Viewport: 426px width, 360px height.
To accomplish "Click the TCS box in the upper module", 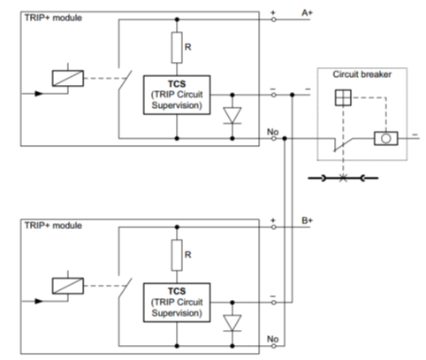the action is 177,95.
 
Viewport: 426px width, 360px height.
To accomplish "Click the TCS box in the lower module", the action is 177,303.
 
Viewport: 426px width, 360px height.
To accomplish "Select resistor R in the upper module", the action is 177,48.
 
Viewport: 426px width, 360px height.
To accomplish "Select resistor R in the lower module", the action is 177,255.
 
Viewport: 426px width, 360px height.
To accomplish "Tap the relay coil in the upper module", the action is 68,78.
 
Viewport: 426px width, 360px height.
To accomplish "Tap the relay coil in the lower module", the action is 68,286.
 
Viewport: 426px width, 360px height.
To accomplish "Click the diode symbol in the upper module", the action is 232,115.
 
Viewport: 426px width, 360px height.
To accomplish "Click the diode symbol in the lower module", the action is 232,323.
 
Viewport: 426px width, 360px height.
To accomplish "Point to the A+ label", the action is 307,13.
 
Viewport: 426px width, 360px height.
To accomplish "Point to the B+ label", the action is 307,220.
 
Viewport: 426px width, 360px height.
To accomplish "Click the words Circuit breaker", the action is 362,74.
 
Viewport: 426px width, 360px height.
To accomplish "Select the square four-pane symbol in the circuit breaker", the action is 343,97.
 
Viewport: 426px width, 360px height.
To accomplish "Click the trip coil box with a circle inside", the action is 386,138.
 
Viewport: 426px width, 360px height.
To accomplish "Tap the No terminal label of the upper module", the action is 273,132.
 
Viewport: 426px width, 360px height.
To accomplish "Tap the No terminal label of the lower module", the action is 273,339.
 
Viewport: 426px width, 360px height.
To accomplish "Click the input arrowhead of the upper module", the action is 39,94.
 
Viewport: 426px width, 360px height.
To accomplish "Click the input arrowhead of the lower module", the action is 39,302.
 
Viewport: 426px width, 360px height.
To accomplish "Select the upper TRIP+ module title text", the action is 53,18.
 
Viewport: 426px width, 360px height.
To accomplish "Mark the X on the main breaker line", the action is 343,178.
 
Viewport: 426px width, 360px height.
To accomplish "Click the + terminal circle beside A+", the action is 274,19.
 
